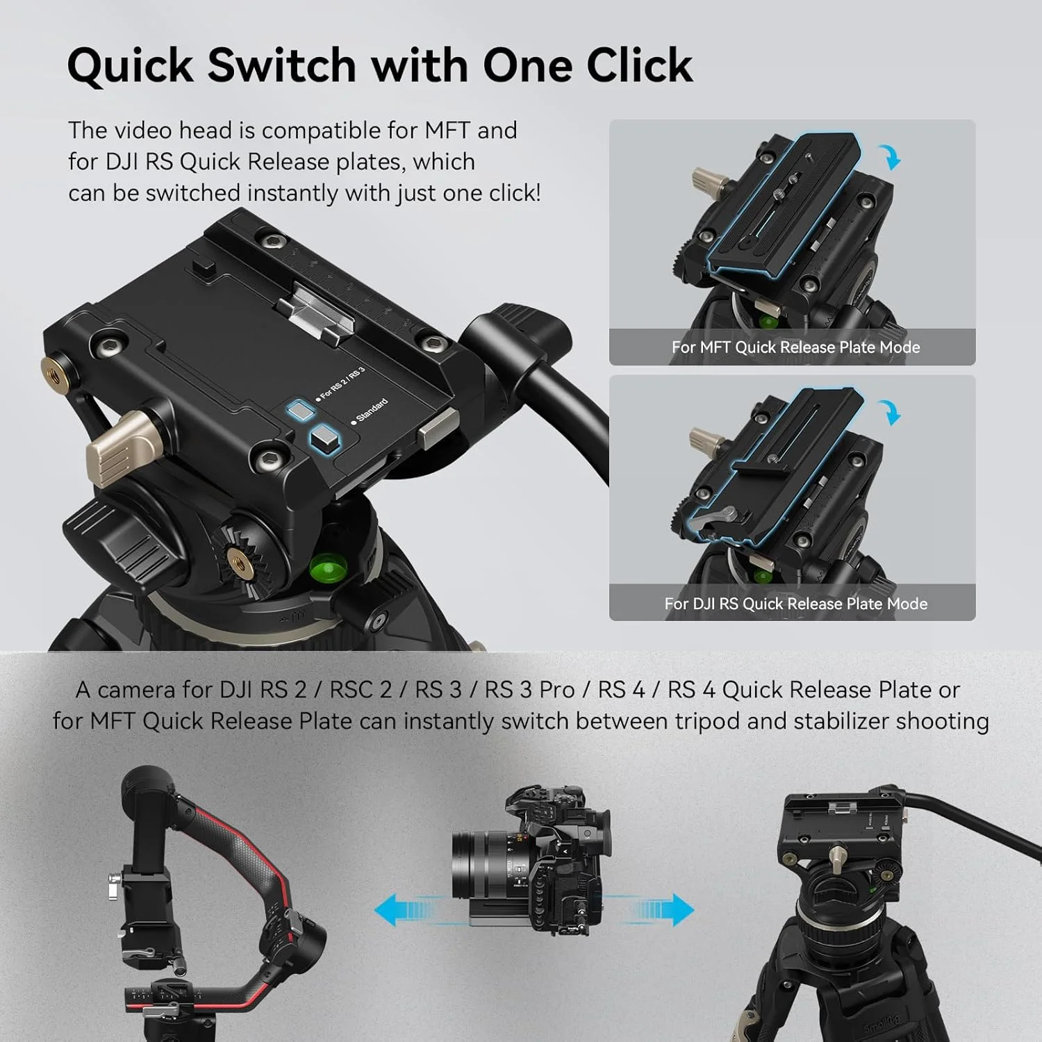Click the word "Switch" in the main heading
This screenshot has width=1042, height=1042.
coord(282,66)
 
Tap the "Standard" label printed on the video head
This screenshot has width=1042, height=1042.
coord(372,411)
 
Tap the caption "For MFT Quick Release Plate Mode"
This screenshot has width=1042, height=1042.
coord(795,347)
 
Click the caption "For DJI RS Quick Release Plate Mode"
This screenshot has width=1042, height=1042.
coord(795,604)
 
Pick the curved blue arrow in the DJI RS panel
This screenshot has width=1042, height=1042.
coord(891,412)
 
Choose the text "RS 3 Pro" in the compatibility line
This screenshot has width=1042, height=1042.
coord(529,690)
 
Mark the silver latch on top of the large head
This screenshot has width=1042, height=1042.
coord(316,313)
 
